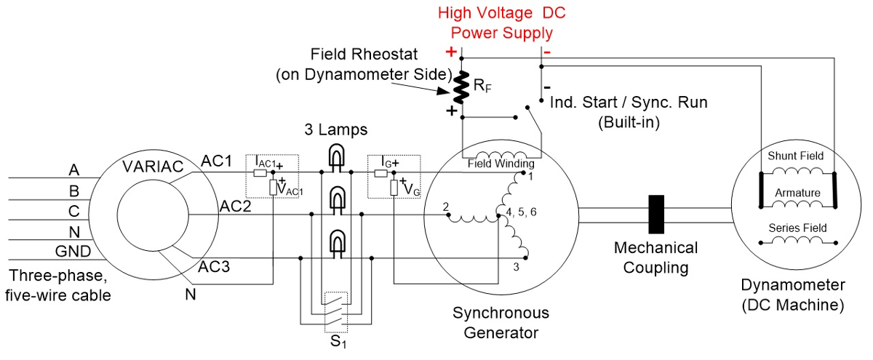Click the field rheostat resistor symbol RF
pos(460,87)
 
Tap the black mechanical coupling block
pos(657,214)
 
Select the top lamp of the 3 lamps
pos(336,156)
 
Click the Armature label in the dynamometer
pos(797,193)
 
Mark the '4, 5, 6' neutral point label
pos(518,213)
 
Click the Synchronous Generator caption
pos(501,322)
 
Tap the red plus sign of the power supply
pos(451,52)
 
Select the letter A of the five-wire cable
pos(73,170)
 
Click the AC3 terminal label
pos(214,266)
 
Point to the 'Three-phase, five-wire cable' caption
pos(57,286)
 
